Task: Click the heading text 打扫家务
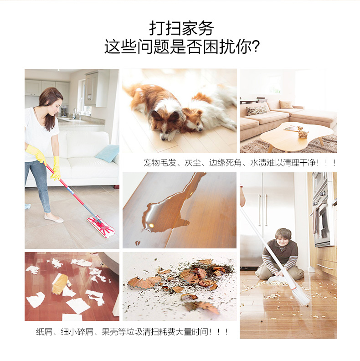[182, 28]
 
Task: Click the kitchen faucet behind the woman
[75, 113]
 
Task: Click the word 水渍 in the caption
[258, 163]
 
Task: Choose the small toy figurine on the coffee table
[303, 132]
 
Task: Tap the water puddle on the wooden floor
[170, 207]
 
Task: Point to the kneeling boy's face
[283, 240]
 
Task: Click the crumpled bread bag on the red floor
[60, 284]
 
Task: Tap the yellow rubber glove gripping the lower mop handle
[56, 168]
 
